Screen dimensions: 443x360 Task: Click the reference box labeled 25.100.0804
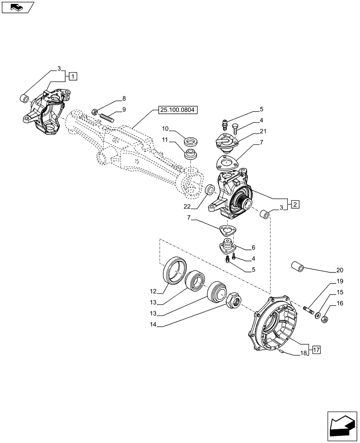tap(178, 110)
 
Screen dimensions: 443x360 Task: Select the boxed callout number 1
tap(73, 76)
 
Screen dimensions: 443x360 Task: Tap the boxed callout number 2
tap(295, 204)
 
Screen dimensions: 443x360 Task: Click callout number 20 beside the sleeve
tap(340, 270)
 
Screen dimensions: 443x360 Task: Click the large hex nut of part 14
tap(233, 302)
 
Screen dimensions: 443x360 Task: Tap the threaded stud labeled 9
tap(107, 117)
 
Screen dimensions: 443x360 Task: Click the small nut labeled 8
tap(94, 111)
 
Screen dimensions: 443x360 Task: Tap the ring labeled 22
tap(211, 190)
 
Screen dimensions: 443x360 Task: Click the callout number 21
tap(263, 131)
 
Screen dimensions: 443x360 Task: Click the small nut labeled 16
tap(324, 318)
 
